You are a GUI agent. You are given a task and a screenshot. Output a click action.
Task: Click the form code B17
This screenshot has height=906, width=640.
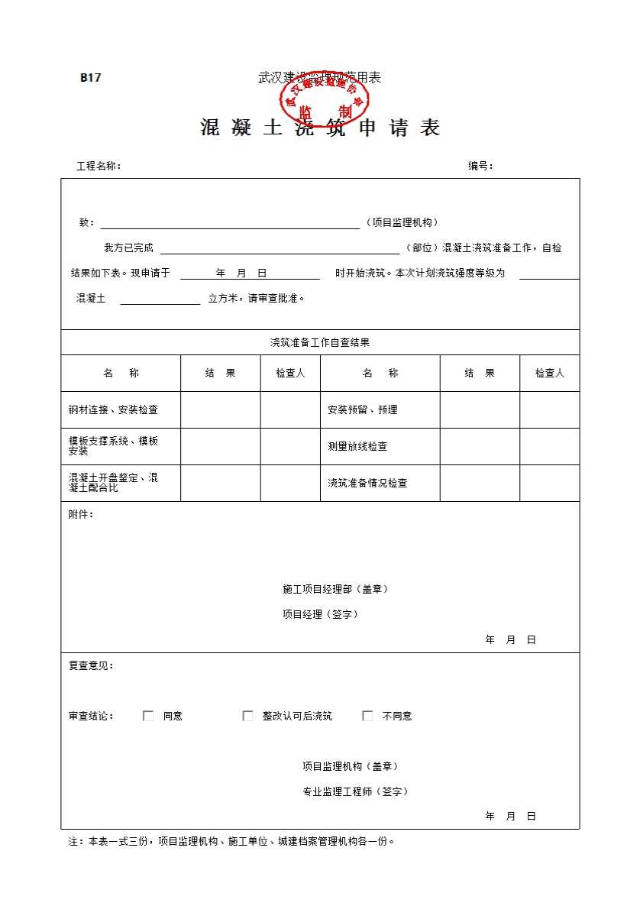point(91,77)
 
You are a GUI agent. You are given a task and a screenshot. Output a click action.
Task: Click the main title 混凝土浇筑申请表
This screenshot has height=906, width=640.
point(320,128)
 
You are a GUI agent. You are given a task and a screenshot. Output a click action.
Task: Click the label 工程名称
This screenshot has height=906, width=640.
point(99,166)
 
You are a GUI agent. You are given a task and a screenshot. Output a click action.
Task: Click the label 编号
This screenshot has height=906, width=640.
point(480,166)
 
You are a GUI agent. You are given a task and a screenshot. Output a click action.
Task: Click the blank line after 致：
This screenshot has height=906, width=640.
point(230,224)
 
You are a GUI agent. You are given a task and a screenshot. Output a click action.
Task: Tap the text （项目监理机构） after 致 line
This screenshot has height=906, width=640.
point(402,222)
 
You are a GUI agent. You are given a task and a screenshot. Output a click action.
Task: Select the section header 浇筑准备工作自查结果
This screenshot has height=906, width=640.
point(320,343)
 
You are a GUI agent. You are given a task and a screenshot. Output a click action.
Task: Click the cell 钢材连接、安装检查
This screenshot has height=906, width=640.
point(113,410)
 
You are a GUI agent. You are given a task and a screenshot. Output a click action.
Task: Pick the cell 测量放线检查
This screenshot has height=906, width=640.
point(357,447)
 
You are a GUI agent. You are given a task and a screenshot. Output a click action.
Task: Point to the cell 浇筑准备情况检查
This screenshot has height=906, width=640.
point(367,484)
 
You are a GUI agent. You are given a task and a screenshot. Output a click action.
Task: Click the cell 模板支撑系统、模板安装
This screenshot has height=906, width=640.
point(113,446)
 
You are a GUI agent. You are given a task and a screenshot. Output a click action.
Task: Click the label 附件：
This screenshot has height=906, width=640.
point(81,514)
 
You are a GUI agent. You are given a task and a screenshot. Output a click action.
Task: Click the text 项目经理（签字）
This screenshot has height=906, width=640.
point(320,614)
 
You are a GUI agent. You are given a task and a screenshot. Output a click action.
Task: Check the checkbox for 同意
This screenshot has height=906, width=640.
point(148,716)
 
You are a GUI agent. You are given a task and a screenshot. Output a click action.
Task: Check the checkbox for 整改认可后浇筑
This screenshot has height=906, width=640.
point(247,716)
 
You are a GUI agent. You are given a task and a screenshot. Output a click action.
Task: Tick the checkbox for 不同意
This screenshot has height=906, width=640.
point(367,716)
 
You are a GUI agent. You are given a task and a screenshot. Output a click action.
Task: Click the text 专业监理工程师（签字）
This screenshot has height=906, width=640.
point(355,791)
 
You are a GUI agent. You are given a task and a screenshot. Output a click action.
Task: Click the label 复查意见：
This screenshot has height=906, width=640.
point(91,665)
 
